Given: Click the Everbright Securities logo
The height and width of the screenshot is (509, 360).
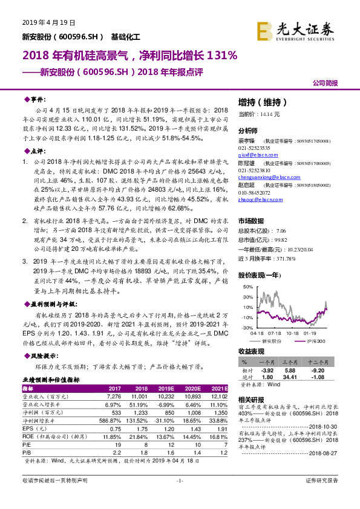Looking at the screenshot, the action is coord(295,30).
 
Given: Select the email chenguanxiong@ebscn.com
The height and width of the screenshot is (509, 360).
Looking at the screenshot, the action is coord(265,177).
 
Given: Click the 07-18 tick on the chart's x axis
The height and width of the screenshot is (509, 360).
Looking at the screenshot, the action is coord(274,332).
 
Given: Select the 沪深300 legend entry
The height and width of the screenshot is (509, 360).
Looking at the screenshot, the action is coord(315,341).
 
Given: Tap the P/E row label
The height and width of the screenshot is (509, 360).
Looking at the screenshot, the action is coord(27,443).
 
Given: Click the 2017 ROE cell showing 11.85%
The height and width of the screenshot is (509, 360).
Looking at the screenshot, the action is coord(113,435).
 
